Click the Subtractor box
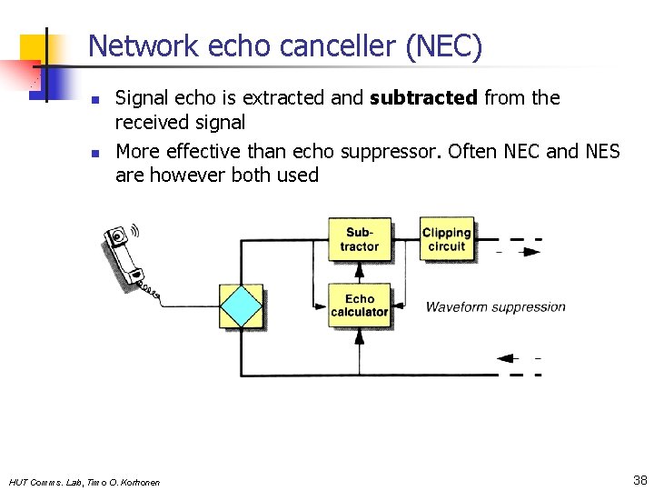pyautogui.click(x=359, y=240)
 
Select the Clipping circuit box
pyautogui.click(x=446, y=240)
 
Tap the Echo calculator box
pyautogui.click(x=359, y=306)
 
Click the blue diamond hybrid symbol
pyautogui.click(x=241, y=306)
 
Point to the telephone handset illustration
pyautogui.click(x=130, y=260)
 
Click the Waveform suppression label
pyautogui.click(x=495, y=307)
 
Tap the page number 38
pyautogui.click(x=639, y=479)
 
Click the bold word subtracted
pyautogui.click(x=423, y=98)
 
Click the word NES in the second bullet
pyautogui.click(x=600, y=150)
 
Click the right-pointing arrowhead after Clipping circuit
pyautogui.click(x=531, y=251)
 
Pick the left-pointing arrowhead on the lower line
pyautogui.click(x=505, y=357)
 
